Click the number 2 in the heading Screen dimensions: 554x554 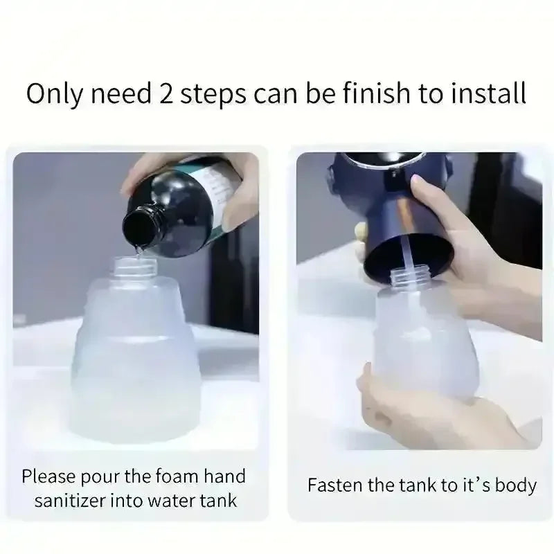pyautogui.click(x=166, y=93)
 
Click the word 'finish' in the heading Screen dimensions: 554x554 pyautogui.click(x=377, y=93)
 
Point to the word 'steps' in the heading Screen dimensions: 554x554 pyautogui.click(x=213, y=95)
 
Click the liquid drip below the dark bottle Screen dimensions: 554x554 pyautogui.click(x=139, y=250)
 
